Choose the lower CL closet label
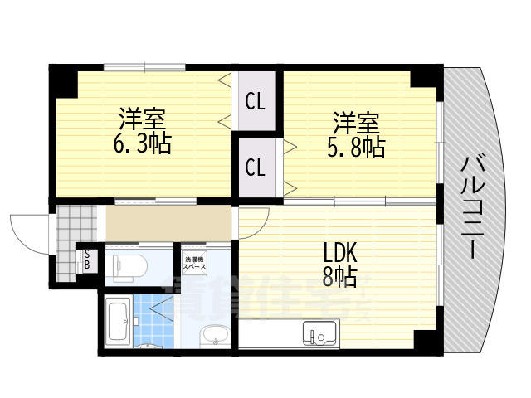(x=255, y=167)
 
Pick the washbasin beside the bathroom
(x=214, y=337)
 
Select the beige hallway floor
(x=166, y=221)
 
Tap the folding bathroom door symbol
(x=155, y=311)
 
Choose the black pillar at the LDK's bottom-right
(x=426, y=341)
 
